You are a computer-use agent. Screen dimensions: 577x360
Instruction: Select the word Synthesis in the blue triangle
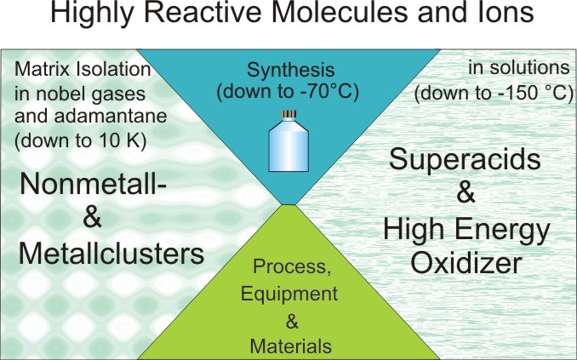(x=291, y=71)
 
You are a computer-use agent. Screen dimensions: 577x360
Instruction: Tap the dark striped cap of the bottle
(x=288, y=115)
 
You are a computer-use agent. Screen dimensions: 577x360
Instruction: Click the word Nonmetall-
(x=93, y=184)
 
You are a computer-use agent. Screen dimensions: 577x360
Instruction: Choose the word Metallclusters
(x=111, y=254)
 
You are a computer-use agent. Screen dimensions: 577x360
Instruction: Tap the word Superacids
(x=465, y=158)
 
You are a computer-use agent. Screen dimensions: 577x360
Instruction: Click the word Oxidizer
(x=466, y=263)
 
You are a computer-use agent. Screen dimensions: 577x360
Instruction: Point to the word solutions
(x=530, y=68)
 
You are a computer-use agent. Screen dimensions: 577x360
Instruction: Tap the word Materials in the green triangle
(x=291, y=346)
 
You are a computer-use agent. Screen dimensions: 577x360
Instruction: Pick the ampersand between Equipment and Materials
(x=292, y=322)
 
